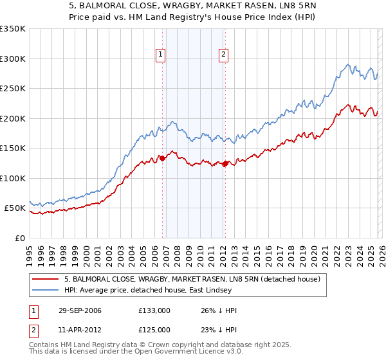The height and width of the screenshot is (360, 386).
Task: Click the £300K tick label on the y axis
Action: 13,59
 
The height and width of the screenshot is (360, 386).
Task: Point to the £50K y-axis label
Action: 15,208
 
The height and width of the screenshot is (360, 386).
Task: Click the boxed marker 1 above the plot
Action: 160,55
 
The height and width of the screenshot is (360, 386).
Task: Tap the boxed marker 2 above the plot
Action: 223,55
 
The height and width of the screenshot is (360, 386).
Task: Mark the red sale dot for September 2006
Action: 162,159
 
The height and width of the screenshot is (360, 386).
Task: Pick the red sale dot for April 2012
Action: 225,164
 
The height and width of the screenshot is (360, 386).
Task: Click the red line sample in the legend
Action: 45,279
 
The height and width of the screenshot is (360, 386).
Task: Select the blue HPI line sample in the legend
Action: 45,291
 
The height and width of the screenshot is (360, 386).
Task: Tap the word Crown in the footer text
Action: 165,345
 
